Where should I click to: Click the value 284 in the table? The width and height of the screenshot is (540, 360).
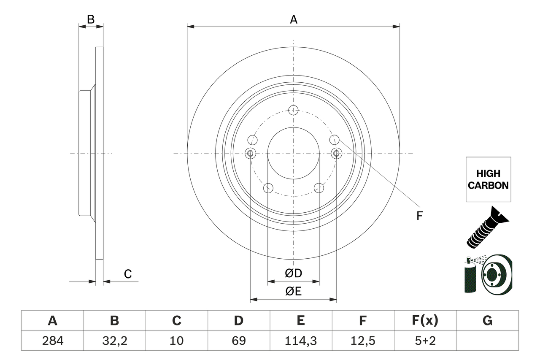[x=52, y=341]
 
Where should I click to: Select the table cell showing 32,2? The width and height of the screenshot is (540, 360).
[x=114, y=341]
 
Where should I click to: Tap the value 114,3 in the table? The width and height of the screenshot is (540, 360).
[x=300, y=341]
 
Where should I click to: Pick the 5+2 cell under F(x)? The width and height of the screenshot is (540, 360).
[x=425, y=341]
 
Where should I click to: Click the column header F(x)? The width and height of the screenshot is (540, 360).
[x=425, y=321]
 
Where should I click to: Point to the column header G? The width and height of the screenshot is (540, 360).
[x=487, y=321]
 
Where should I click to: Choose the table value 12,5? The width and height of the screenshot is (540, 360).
[x=362, y=341]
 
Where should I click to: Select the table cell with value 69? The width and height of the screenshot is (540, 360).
[x=238, y=341]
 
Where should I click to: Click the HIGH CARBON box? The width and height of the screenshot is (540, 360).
[x=488, y=179]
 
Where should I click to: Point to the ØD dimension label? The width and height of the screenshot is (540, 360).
[x=294, y=273]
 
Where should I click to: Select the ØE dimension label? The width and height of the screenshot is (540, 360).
[x=293, y=292]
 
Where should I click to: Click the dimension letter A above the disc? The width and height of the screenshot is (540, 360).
[x=293, y=19]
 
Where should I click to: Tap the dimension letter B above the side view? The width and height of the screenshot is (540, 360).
[x=91, y=19]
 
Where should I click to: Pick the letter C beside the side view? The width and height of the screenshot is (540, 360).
[x=127, y=274]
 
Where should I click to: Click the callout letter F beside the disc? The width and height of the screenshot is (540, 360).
[x=419, y=216]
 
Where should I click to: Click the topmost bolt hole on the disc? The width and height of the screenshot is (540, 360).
[x=293, y=110]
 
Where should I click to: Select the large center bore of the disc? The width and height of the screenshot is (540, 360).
[x=293, y=153]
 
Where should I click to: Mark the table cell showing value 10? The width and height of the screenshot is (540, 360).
[x=176, y=341]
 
